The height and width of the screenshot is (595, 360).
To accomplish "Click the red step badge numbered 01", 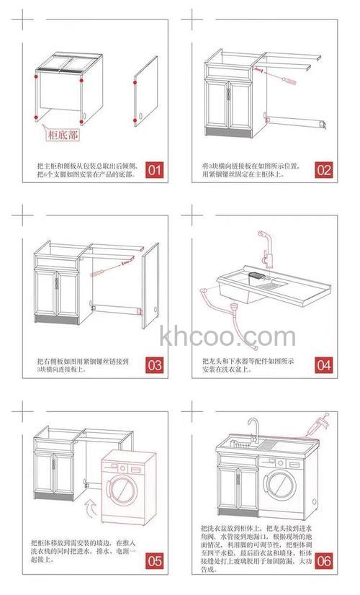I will tap(155, 170).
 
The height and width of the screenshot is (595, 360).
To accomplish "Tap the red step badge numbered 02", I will tap(323, 170).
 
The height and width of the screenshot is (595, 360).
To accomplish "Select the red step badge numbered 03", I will tap(155, 364).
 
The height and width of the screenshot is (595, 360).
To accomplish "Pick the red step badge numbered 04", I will tap(323, 364).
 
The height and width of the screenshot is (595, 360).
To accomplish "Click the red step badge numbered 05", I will tap(155, 560).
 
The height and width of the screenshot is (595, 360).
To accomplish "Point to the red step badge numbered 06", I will tap(323, 560).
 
